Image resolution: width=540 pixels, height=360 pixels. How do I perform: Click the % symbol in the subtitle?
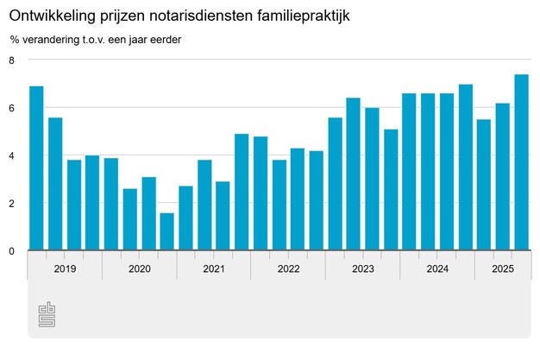pyautogui.click(x=16, y=41)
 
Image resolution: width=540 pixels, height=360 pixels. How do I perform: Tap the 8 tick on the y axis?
pyautogui.click(x=12, y=60)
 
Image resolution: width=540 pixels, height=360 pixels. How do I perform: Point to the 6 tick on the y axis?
pyautogui.click(x=12, y=108)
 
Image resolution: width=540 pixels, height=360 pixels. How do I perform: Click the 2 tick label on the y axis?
pyautogui.click(x=12, y=204)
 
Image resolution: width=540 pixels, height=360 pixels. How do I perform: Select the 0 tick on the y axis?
pyautogui.click(x=12, y=251)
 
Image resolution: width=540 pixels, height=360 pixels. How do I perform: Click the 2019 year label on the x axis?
pyautogui.click(x=65, y=269)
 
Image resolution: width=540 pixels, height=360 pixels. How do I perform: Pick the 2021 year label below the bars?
pyautogui.click(x=214, y=269)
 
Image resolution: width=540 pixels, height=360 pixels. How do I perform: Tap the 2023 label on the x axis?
pyautogui.click(x=363, y=269)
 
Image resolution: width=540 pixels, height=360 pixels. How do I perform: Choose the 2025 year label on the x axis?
pyautogui.click(x=503, y=269)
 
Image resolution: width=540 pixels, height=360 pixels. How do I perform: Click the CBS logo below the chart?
pyautogui.click(x=47, y=316)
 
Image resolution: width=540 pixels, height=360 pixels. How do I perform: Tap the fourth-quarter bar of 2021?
pyautogui.click(x=223, y=216)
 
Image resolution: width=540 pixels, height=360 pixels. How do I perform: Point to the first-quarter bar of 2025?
pyautogui.click(x=484, y=185)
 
